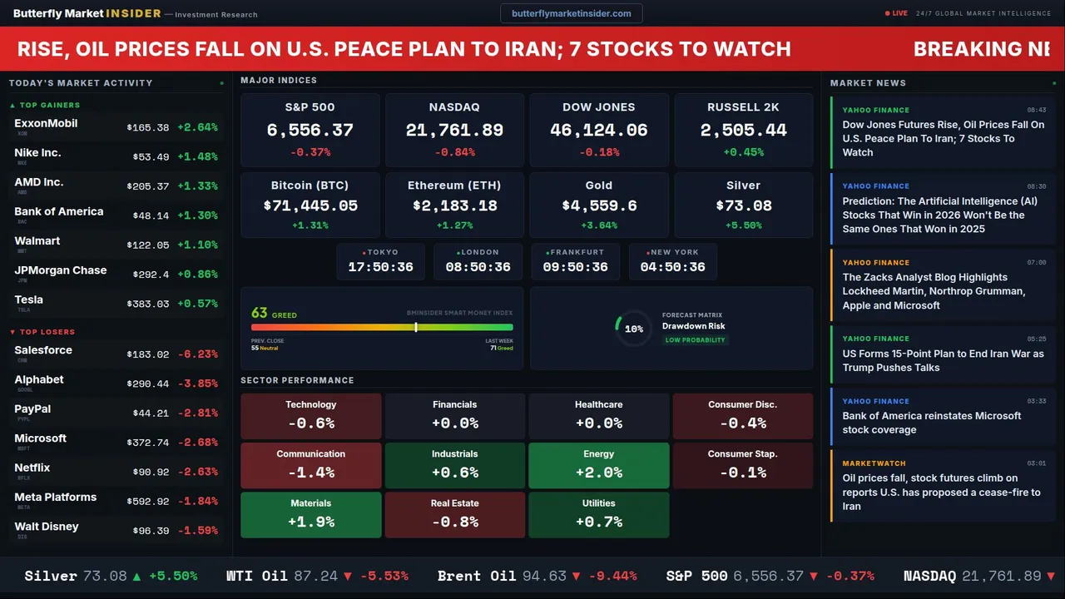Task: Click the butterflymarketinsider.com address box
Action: click(571, 13)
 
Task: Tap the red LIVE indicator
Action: click(899, 13)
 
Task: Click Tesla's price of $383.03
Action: click(148, 304)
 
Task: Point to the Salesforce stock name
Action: click(43, 350)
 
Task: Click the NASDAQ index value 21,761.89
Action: click(454, 130)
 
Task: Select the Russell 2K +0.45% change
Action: click(743, 152)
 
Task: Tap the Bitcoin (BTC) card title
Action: click(310, 186)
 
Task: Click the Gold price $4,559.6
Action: click(599, 205)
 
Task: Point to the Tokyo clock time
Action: click(380, 267)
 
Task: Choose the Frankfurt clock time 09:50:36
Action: click(575, 267)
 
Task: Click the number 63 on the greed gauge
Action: click(260, 313)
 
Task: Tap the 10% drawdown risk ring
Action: click(633, 329)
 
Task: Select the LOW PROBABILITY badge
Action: click(695, 340)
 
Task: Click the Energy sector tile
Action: click(599, 465)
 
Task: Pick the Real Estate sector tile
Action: click(454, 514)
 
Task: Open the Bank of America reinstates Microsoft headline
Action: click(931, 423)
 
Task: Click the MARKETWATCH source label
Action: click(874, 463)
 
